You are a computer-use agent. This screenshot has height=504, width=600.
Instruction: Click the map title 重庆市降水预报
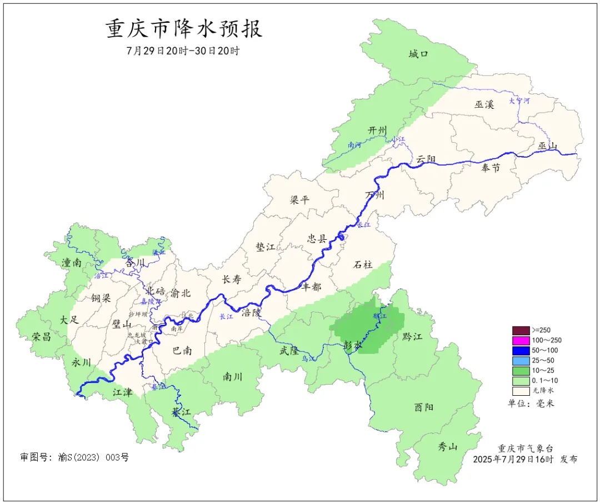[184, 29]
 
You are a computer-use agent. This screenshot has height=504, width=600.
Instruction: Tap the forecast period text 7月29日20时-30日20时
[183, 51]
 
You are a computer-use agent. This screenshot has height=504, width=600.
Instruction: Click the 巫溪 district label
[484, 104]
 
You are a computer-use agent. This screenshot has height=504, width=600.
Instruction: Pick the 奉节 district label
[490, 167]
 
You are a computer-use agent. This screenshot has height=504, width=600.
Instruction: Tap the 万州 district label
[375, 195]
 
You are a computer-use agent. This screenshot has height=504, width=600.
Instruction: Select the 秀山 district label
[448, 446]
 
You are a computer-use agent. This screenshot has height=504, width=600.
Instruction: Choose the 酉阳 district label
[424, 407]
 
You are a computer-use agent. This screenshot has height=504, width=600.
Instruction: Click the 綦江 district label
[181, 412]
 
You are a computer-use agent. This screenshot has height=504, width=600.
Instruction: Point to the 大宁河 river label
[519, 102]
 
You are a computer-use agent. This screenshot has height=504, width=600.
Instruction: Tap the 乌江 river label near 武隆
[308, 359]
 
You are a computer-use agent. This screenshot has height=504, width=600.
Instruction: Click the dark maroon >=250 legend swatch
[521, 330]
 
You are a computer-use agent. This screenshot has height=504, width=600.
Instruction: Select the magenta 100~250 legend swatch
[521, 340]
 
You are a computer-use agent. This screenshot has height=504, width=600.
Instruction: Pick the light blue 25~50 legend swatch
[521, 360]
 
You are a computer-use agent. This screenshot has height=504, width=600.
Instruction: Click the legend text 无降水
[543, 390]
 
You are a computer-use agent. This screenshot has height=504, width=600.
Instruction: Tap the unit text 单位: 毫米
[531, 403]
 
